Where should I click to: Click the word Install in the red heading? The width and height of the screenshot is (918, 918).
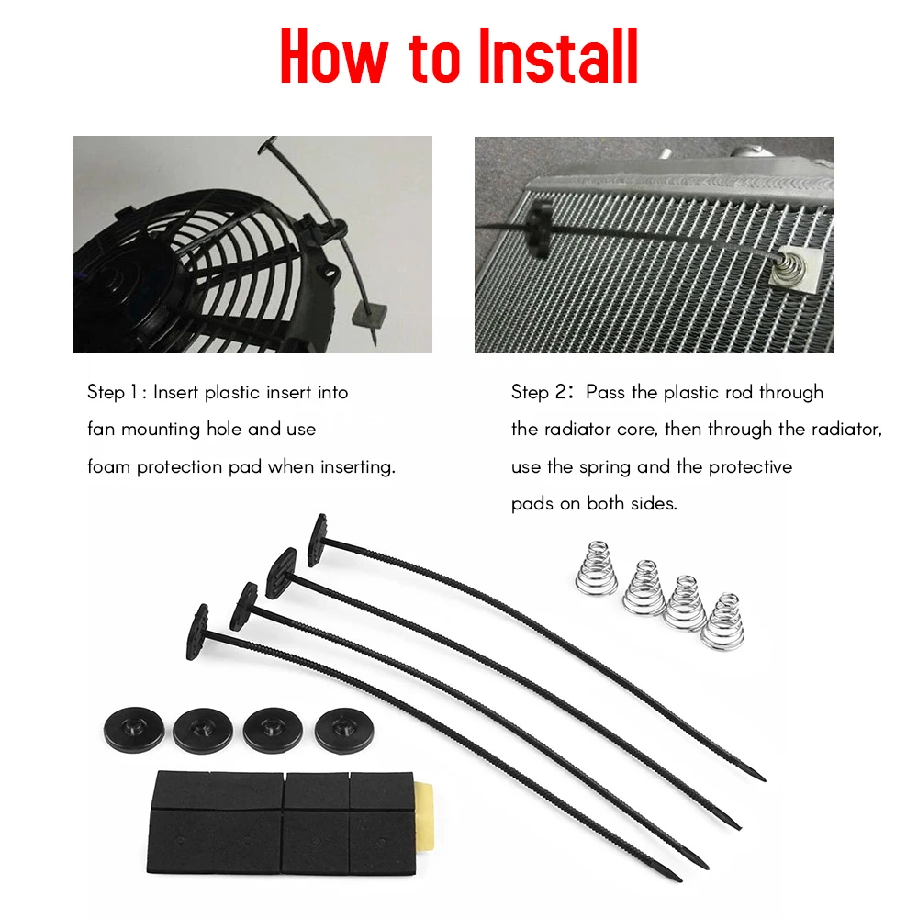558,57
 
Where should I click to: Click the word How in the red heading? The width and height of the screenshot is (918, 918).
334,57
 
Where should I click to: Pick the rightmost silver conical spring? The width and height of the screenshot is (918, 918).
724,621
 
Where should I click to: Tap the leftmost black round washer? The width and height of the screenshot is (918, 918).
134,728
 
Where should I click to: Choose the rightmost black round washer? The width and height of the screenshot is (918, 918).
344,731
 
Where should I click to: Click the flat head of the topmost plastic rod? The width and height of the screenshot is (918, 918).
317,540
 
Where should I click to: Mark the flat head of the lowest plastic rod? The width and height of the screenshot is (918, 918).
198,633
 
